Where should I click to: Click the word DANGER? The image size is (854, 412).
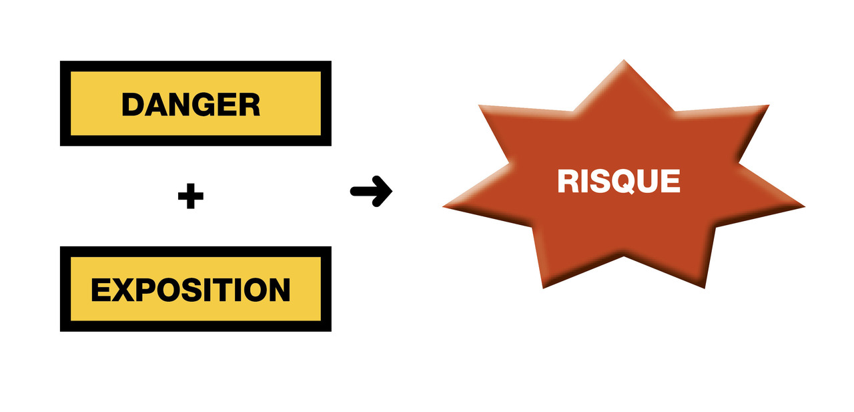191,104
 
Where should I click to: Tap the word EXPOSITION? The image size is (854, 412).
191,290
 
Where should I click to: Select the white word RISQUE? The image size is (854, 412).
618,182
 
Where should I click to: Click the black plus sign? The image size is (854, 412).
191,197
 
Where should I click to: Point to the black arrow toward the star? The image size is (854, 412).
372,192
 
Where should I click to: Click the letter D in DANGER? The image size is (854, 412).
133,104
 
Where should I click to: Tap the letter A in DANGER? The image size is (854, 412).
155,104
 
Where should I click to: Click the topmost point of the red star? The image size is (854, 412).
625,61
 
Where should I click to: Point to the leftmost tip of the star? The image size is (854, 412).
444,206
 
